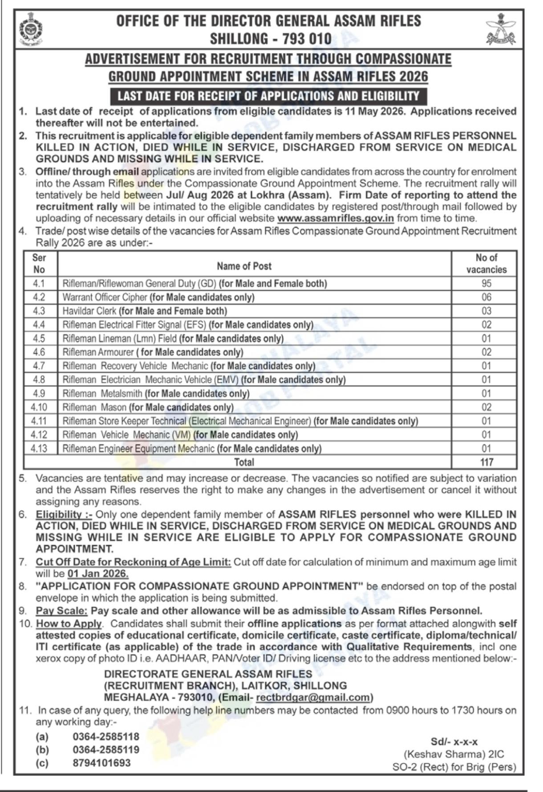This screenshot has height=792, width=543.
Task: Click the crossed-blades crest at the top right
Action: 501,29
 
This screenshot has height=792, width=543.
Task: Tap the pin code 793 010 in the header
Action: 301,39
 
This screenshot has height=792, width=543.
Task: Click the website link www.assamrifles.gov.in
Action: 336,218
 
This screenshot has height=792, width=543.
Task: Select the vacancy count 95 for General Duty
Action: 486,284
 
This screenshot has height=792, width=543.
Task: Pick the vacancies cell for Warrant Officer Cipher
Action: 486,297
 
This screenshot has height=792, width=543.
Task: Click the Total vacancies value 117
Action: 486,462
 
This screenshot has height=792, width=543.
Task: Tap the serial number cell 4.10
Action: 39,407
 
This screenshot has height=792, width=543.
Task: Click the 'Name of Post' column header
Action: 244,266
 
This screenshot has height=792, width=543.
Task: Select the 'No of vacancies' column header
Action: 486,264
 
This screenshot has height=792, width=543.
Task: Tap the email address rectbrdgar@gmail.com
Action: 313,697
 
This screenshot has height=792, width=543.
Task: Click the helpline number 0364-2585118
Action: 106,736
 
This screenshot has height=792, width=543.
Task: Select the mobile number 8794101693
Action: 102,763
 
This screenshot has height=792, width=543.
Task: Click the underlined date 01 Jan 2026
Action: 97,574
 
